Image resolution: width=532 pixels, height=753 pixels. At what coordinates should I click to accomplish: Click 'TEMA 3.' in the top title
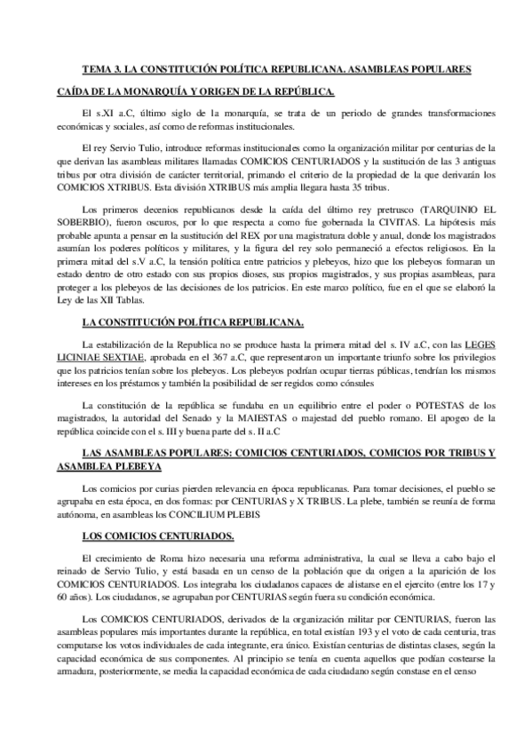coord(103,68)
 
